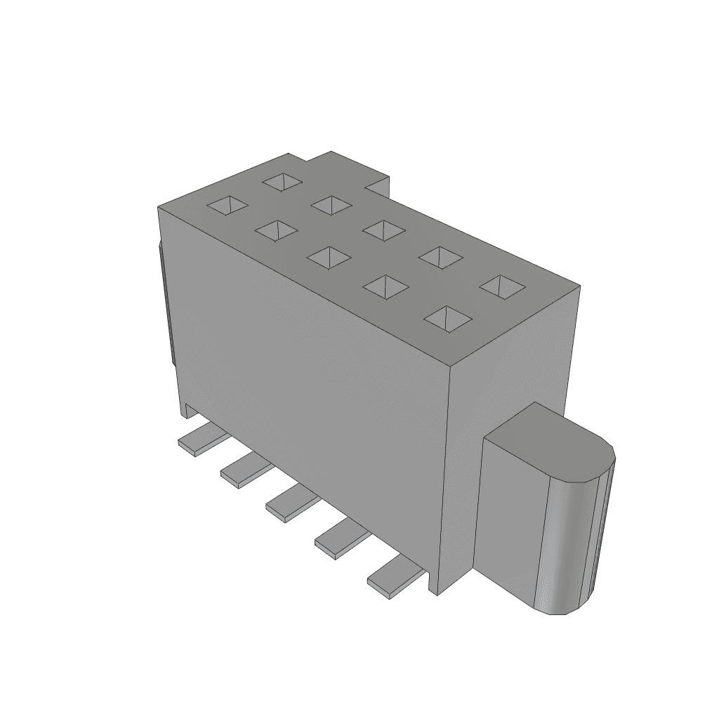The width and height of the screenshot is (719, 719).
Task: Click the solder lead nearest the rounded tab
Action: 391,579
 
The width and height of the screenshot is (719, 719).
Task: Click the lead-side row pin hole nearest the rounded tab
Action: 448,318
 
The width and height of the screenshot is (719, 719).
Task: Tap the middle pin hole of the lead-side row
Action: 329,257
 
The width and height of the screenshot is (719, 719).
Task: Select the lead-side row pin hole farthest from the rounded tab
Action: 228,204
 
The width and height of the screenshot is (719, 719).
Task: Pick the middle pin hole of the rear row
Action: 385,230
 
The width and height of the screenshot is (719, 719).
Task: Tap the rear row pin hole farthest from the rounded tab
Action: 282,183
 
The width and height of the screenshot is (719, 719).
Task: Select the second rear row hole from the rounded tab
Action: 440,257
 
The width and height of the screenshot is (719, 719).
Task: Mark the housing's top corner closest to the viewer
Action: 450,364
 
